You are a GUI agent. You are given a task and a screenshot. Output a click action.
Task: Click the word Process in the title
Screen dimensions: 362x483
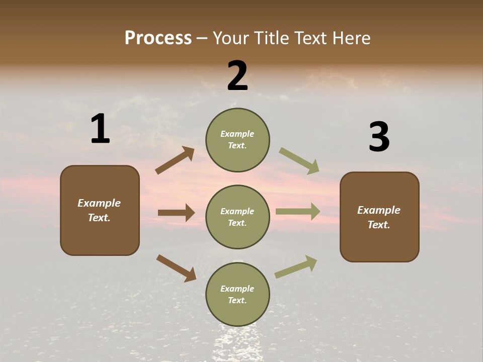158,38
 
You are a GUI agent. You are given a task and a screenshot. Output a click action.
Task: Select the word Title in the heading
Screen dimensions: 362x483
271,38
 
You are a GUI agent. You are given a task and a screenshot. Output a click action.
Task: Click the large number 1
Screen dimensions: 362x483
100,129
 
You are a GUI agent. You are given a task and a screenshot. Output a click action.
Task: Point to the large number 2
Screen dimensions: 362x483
237,76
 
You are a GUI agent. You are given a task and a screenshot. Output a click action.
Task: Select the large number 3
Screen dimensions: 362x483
379,137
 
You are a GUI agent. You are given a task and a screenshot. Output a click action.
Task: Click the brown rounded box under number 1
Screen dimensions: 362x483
100,210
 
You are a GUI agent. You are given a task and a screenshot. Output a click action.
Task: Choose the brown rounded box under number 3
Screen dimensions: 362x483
379,217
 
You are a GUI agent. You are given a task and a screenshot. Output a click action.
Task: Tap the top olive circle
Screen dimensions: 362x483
237,139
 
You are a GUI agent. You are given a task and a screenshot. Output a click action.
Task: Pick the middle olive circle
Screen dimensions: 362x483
237,217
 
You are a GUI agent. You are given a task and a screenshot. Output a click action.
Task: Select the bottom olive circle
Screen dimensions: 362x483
237,294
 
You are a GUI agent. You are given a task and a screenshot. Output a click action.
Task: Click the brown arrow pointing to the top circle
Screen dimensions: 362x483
175,160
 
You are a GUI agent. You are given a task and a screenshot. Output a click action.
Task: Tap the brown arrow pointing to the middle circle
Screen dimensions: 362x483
176,213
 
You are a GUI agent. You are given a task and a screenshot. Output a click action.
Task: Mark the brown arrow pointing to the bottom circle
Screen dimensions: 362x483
176,268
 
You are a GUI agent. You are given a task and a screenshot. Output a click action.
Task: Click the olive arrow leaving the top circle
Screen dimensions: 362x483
299,160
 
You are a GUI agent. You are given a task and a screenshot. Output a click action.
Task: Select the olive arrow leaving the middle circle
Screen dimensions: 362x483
298,212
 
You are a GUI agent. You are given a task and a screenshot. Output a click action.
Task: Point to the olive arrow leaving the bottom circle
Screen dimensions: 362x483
296,267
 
